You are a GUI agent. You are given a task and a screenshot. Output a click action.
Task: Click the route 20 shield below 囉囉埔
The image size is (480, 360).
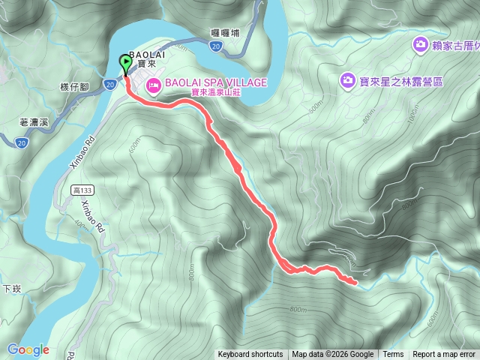tap(216, 46)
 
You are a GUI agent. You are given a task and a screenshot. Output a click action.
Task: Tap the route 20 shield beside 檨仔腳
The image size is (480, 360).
tap(109, 84)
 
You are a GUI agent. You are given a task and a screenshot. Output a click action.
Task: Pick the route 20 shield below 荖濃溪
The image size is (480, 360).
tap(21, 141)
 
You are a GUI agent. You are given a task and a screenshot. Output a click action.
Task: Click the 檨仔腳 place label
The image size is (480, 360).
tap(74, 88)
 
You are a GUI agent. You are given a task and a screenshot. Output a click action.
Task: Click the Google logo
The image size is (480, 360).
tap(28, 349)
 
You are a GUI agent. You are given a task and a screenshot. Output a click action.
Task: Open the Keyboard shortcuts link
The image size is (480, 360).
tap(250, 355)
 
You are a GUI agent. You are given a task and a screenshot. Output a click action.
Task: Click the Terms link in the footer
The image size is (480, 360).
tap(393, 355)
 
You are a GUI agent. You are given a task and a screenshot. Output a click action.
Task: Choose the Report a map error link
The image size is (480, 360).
tap(444, 355)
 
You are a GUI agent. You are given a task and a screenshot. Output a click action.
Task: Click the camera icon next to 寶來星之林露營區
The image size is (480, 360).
tap(347, 79)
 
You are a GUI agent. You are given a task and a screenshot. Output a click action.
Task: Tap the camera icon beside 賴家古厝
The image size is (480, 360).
tap(420, 46)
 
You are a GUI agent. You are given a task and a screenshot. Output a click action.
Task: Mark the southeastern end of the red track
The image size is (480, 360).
tap(355, 282)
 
